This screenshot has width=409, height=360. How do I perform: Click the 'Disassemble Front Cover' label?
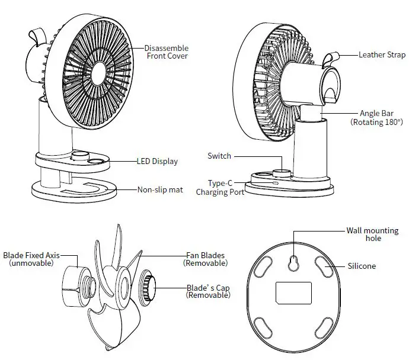point(166,52)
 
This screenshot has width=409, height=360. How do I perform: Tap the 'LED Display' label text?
point(157,161)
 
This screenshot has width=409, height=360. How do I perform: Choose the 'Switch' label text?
point(219,156)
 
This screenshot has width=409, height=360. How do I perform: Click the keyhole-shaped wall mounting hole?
point(293,262)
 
